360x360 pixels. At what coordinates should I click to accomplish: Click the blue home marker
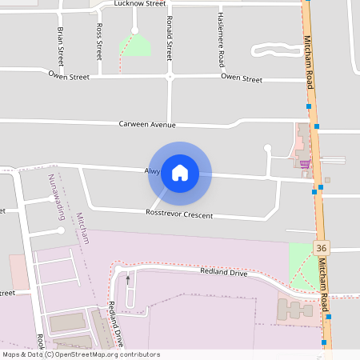(180, 173)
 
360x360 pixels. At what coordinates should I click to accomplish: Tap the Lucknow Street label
(139, 4)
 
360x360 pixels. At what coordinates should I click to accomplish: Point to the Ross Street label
(99, 42)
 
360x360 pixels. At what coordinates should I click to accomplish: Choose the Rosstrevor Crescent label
(179, 215)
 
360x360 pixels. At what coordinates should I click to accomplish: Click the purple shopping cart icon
(305, 164)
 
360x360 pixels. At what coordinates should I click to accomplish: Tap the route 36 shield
(321, 248)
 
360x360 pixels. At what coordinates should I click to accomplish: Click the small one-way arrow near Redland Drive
(127, 280)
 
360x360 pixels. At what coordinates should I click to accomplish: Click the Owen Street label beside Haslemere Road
(242, 78)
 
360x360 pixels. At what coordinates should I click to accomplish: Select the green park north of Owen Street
(135, 46)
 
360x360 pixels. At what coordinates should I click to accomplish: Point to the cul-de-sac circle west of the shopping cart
(268, 148)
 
